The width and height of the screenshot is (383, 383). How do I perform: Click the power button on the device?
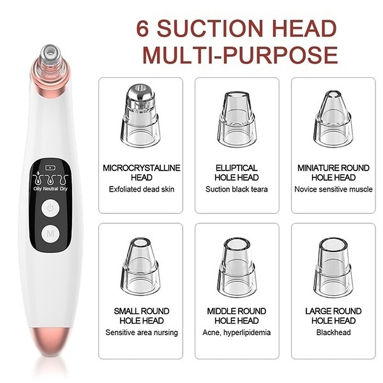(x=50, y=208)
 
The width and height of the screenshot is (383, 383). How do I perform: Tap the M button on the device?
(x=50, y=234)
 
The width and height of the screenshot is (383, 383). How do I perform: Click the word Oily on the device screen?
(x=37, y=189)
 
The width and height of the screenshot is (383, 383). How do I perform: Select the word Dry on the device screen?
(x=64, y=189)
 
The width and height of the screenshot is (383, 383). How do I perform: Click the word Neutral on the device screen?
(x=51, y=189)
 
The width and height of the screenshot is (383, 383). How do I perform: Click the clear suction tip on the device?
(x=50, y=57)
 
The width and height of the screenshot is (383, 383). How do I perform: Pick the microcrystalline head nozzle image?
(x=140, y=115)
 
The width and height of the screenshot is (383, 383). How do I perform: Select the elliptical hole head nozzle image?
(x=237, y=120)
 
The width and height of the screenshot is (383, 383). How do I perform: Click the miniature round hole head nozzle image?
(x=333, y=119)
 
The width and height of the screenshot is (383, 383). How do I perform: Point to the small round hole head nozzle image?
(x=140, y=267)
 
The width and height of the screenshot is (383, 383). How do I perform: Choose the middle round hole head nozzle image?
(x=237, y=268)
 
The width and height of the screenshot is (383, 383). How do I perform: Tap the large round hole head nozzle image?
(x=333, y=268)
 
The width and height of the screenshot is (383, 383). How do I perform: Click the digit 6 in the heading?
(x=142, y=28)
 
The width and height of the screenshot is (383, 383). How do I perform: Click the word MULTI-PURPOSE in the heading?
(x=240, y=55)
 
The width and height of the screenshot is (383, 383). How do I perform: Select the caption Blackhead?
(x=333, y=332)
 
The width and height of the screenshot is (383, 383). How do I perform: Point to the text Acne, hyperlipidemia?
(x=237, y=333)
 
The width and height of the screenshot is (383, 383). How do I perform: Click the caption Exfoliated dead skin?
(x=142, y=189)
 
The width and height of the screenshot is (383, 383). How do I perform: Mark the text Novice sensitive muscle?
(x=333, y=189)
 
